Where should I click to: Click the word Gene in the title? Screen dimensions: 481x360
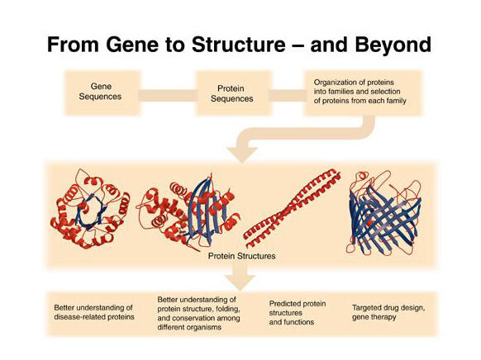pos(132,45)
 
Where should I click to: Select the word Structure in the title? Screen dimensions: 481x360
pos(238,45)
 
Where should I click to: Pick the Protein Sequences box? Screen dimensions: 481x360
pos(234,92)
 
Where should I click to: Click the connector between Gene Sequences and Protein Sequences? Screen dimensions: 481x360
pos(168,95)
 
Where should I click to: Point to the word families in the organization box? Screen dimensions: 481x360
pos(347,92)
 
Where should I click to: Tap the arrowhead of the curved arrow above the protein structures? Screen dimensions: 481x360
pos(242,154)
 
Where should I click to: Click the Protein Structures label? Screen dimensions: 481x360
pos(241,256)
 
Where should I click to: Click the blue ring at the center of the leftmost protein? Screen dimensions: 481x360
pos(90,211)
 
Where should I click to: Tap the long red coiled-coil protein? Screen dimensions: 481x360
pos(293,208)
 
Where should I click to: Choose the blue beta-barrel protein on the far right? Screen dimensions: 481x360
pos(383,215)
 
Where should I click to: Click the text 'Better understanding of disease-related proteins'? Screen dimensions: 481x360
pos(94,312)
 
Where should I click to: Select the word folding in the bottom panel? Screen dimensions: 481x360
pos(226,309)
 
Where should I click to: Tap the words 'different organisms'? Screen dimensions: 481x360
pos(189,327)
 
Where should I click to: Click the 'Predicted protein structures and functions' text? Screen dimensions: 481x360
pos(298,313)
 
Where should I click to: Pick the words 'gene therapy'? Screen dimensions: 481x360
pos(374,317)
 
